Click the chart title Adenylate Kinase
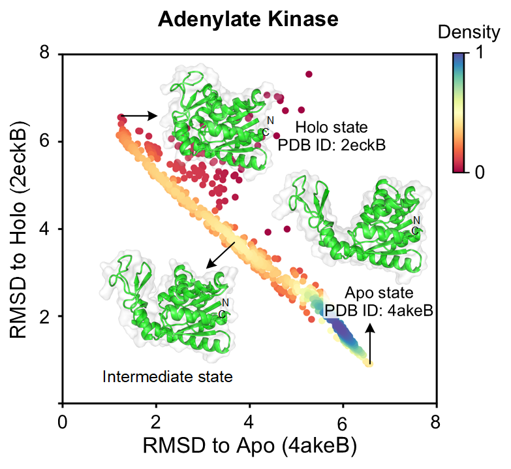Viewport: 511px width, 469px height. [x=248, y=19]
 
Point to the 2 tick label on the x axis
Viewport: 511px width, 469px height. [x=156, y=419]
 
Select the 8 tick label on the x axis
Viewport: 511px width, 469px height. [x=437, y=419]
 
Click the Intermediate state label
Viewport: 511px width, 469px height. [x=168, y=376]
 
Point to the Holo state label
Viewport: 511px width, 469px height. [x=332, y=126]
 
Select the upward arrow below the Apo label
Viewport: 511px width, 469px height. [x=370, y=345]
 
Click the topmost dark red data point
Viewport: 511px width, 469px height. [x=309, y=74]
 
